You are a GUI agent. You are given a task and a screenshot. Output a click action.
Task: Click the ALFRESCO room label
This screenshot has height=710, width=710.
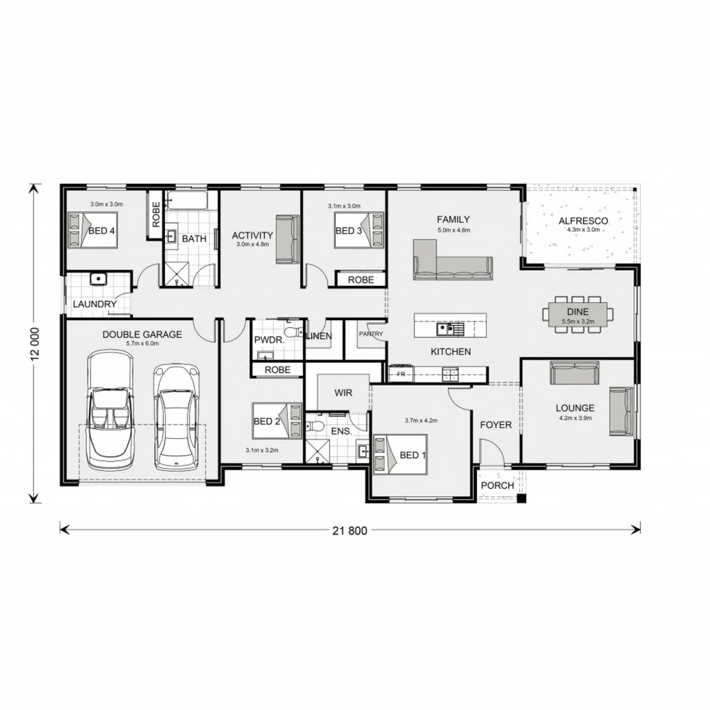(583, 221)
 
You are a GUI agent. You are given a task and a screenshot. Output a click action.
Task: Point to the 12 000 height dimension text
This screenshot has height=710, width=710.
(35, 343)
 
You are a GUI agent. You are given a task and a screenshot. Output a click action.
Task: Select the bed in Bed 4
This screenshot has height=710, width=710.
(93, 230)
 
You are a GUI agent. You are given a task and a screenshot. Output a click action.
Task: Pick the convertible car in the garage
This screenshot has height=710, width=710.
(110, 410)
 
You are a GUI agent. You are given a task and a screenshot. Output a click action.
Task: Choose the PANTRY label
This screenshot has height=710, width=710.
(371, 334)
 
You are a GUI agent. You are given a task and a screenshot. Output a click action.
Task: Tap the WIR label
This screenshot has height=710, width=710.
(343, 393)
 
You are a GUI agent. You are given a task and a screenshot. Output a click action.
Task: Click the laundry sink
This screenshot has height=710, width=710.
(99, 279)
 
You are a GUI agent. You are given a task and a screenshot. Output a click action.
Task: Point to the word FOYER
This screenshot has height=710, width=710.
(496, 425)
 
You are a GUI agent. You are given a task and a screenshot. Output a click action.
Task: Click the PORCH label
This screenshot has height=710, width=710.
(497, 486)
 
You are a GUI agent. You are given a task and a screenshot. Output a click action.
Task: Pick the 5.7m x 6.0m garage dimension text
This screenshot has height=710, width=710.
(141, 344)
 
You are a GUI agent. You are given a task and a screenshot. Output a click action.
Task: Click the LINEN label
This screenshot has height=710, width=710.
(320, 337)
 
